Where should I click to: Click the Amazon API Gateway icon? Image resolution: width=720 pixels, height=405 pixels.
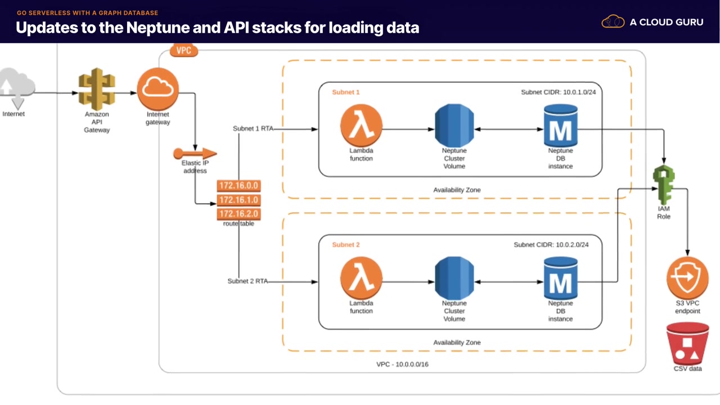(x=96, y=89)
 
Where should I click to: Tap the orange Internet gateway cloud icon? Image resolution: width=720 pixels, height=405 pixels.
(x=158, y=89)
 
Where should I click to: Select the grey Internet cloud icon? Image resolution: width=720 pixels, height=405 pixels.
(x=17, y=88)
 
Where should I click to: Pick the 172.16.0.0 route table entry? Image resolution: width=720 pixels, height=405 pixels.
(x=239, y=186)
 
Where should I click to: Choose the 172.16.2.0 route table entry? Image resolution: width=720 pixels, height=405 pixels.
(x=239, y=214)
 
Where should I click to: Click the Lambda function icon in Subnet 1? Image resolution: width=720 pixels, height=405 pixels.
(x=361, y=125)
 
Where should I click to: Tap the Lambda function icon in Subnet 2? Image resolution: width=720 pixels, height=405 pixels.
(x=361, y=278)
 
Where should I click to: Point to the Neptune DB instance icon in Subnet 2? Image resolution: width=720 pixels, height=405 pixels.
(x=560, y=278)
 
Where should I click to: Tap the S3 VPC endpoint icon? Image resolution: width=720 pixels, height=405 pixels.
(x=687, y=278)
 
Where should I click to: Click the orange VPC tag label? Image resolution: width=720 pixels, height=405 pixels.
(x=184, y=51)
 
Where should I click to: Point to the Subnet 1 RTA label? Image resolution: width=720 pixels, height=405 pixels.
(x=253, y=129)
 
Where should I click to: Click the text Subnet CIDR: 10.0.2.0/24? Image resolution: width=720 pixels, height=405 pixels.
(x=551, y=245)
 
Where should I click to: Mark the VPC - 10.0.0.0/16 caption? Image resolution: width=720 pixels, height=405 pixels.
(x=402, y=364)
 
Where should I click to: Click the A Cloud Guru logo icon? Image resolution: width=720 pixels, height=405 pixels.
(x=613, y=22)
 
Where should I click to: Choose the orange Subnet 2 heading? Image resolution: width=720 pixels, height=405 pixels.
(x=346, y=245)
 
